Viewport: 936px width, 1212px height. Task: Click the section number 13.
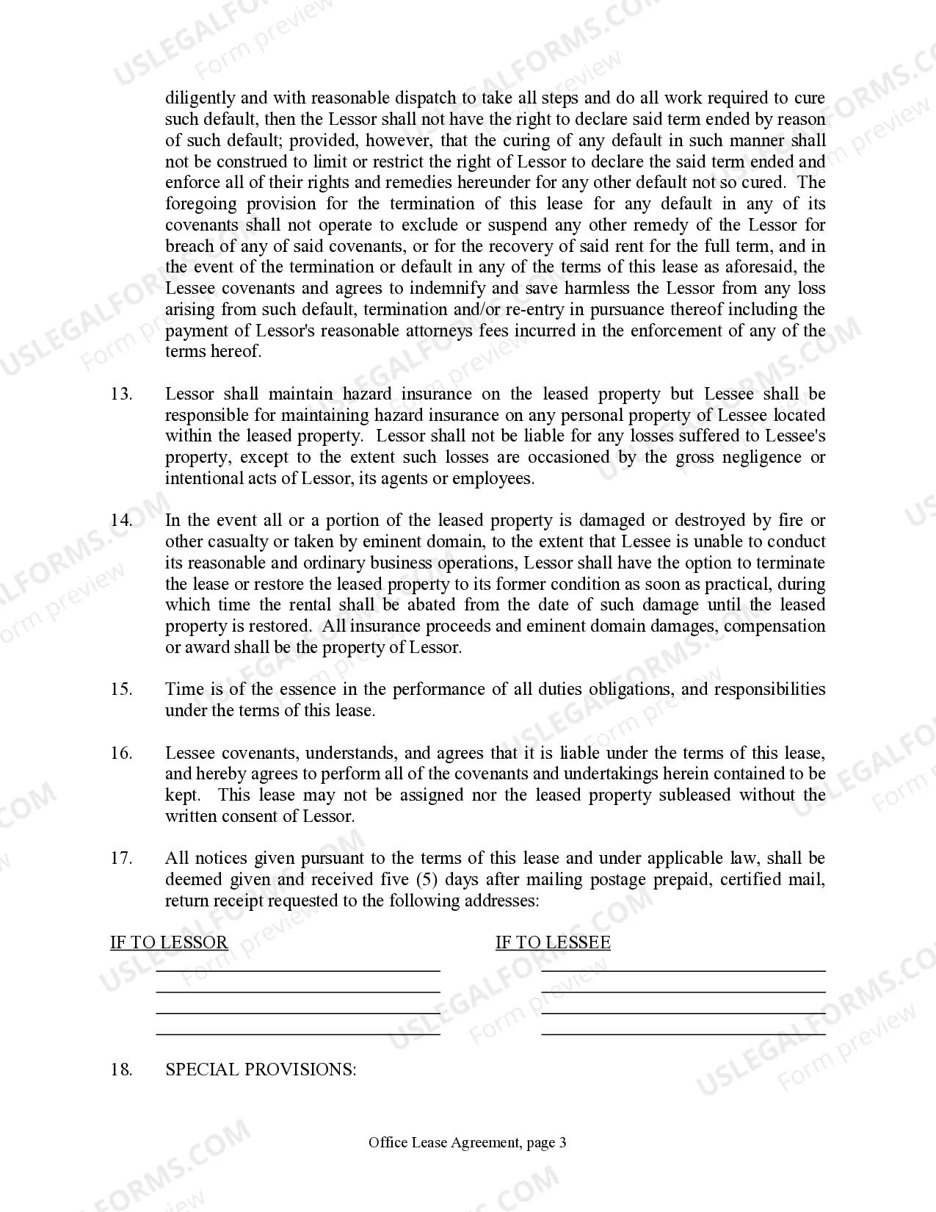(121, 394)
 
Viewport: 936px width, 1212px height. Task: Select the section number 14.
(121, 521)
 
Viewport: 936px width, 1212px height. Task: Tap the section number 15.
(121, 690)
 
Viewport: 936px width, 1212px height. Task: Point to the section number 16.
(121, 753)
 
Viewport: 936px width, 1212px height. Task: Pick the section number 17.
(121, 859)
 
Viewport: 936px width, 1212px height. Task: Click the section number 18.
(121, 1069)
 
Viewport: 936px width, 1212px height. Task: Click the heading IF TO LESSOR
(169, 943)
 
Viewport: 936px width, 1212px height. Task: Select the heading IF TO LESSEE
(553, 943)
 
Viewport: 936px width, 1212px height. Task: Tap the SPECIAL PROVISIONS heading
(261, 1069)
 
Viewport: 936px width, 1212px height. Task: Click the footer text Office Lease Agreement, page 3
(468, 1142)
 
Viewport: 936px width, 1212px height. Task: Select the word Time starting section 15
(184, 690)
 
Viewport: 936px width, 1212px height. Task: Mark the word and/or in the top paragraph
(477, 310)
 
